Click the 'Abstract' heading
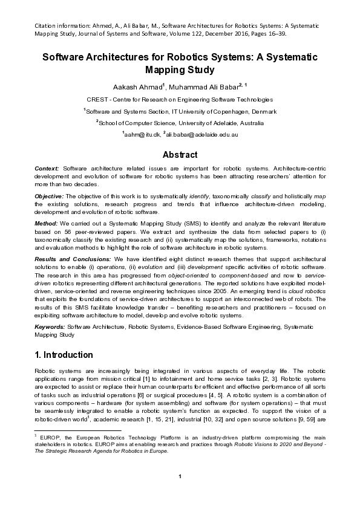coord(180,154)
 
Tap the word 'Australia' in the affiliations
coord(244,122)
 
